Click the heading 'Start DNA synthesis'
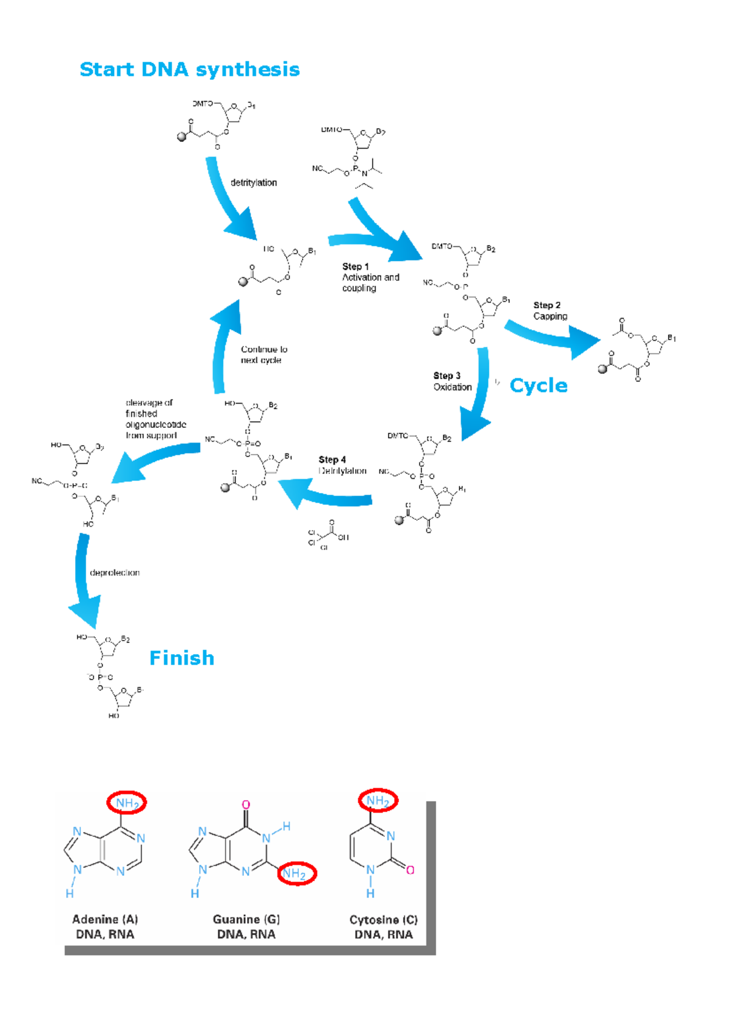(189, 69)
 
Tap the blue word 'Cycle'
(538, 385)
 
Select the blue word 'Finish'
(182, 658)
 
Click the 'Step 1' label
(355, 266)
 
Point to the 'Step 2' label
(547, 305)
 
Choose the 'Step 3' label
(447, 375)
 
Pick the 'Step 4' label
(332, 460)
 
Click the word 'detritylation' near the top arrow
(253, 182)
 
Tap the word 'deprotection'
(115, 572)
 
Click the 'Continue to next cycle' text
(264, 355)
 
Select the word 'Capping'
(550, 316)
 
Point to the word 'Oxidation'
(453, 387)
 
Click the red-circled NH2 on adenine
(127, 803)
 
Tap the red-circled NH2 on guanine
(296, 873)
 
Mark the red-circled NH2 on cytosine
(378, 800)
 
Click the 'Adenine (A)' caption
(105, 919)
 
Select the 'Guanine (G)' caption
(246, 919)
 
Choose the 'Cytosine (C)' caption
(383, 920)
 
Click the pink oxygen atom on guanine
(246, 805)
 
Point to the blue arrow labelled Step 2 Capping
(552, 336)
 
